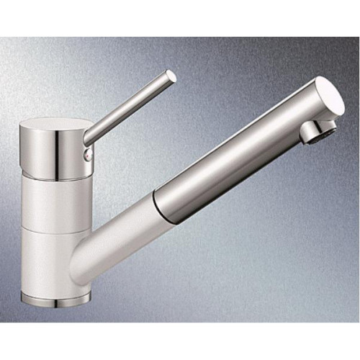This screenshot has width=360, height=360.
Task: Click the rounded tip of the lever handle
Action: (x=171, y=75)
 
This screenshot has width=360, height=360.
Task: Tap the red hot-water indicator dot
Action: (x=89, y=153)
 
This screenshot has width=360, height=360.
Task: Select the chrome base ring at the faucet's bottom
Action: (x=56, y=295)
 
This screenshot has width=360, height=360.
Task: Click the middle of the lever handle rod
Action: (x=130, y=104)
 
